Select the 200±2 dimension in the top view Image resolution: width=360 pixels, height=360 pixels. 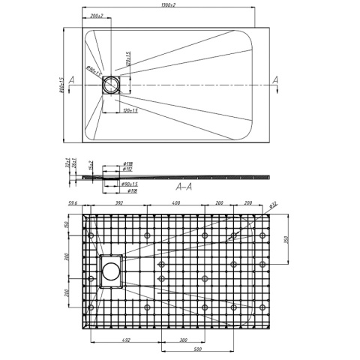point(96,16)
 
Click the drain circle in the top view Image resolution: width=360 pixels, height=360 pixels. point(110,85)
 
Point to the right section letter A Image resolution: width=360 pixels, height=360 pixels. point(276,79)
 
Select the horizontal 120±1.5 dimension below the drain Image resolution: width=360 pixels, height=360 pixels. point(130,110)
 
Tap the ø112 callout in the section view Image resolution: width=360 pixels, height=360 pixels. point(127,169)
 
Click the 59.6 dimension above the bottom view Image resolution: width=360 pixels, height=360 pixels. point(73,202)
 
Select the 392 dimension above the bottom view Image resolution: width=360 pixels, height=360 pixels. point(118,202)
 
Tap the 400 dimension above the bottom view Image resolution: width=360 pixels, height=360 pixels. point(174,202)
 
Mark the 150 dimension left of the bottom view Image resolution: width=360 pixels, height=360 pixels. point(67,226)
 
